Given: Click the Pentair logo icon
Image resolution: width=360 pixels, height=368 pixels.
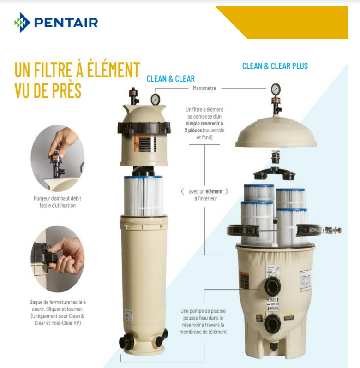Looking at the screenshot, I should pyautogui.click(x=22, y=22).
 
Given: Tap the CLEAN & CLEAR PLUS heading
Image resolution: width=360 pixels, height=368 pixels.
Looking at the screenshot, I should pyautogui.click(x=275, y=66).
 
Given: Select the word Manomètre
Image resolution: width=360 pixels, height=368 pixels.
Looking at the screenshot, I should pyautogui.click(x=204, y=88).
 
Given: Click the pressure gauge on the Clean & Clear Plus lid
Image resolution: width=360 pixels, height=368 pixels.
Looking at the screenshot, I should pyautogui.click(x=276, y=89).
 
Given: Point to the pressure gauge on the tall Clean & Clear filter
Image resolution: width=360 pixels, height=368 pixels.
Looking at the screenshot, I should pyautogui.click(x=155, y=99).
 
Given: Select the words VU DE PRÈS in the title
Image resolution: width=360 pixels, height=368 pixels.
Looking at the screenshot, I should pyautogui.click(x=48, y=90).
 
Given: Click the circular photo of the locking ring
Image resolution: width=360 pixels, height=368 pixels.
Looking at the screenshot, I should pyautogui.click(x=58, y=256).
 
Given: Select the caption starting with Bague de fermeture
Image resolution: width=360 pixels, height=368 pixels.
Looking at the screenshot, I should pyautogui.click(x=58, y=312).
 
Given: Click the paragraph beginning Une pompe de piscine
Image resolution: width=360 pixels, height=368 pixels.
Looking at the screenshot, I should pyautogui.click(x=204, y=321).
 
